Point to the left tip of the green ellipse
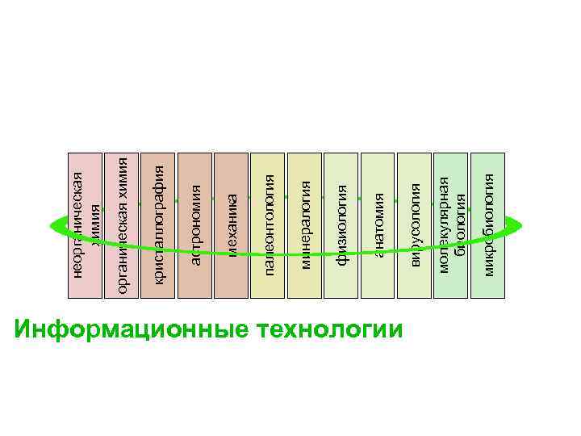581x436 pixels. (51, 226)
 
